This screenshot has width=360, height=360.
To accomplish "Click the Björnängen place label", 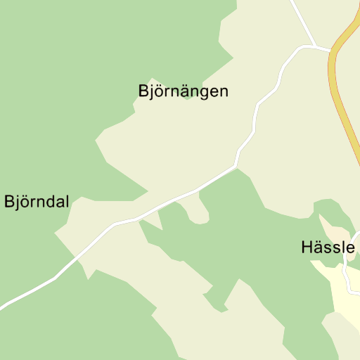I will pyautogui.click(x=184, y=91).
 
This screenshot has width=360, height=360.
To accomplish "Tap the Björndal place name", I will pyautogui.click(x=37, y=202).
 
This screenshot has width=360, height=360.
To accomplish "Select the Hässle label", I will pyautogui.click(x=328, y=247).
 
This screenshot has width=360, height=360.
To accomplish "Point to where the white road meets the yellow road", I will pyautogui.click(x=331, y=51).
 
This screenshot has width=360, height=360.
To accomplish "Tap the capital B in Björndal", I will pyautogui.click(x=9, y=202).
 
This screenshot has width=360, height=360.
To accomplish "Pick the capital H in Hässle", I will pyautogui.click(x=306, y=247).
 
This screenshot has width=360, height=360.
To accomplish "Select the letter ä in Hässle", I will pyautogui.click(x=317, y=247).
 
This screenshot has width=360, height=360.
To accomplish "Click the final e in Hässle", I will pyautogui.click(x=349, y=248).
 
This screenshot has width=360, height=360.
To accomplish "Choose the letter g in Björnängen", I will pyautogui.click(x=207, y=94).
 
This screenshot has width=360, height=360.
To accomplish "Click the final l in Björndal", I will pyautogui.click(x=67, y=202).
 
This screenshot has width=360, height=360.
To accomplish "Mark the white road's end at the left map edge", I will pyautogui.click(x=1, y=307).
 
